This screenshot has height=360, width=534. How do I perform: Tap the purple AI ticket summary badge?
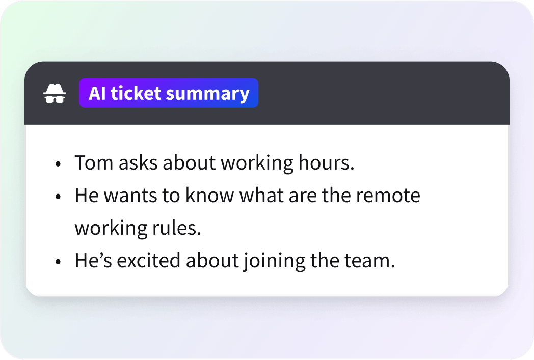click(169, 94)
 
